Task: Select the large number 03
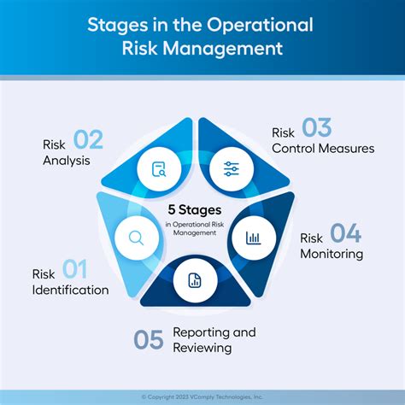pos(316,128)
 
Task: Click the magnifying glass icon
pos(134,238)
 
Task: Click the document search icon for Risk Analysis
pos(158,168)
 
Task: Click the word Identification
pos(70,291)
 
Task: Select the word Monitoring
pos(332,254)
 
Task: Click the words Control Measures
pos(322,149)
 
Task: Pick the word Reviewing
pos(202,348)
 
